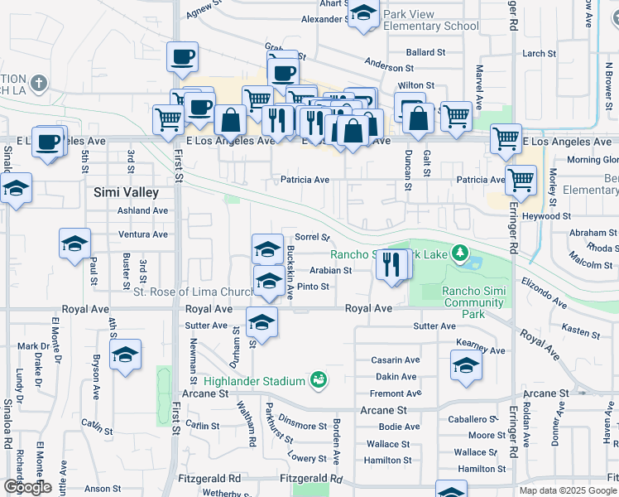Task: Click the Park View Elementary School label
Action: tap(431, 20)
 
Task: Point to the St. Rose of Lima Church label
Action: tap(194, 292)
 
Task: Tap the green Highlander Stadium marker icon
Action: tap(317, 380)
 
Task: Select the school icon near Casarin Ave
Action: tap(467, 365)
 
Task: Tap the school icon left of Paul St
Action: tap(74, 244)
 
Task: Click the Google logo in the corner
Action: tap(27, 487)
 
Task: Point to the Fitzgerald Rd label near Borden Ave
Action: tap(310, 479)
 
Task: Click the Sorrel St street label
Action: tap(312, 237)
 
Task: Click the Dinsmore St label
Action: tap(302, 426)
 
